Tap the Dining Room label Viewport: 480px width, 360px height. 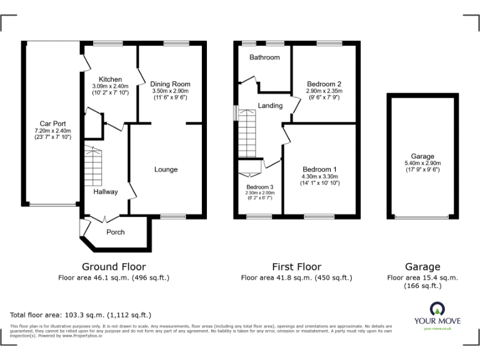click(170, 84)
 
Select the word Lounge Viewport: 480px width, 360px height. click(166, 169)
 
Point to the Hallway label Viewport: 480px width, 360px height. click(105, 192)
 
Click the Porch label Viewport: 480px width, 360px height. click(115, 232)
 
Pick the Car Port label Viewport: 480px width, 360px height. click(52, 124)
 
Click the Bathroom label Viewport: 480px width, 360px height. click(264, 57)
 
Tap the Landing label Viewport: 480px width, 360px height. click(270, 106)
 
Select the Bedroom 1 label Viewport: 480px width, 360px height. click(319, 169)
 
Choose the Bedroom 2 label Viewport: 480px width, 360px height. click(324, 84)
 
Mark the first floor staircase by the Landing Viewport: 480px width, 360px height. click(248, 132)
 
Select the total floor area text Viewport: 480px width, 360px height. click(81, 315)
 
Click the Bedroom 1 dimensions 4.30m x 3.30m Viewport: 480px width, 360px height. click(319, 177)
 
